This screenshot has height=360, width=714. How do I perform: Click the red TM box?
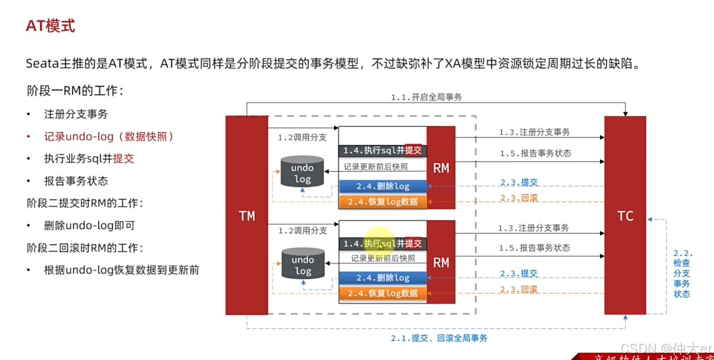(x=247, y=216)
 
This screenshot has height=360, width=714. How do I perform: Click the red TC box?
(x=625, y=216)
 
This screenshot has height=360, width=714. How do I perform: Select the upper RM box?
(x=441, y=168)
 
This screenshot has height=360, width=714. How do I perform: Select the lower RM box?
(x=441, y=262)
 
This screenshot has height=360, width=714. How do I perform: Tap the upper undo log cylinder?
(x=302, y=172)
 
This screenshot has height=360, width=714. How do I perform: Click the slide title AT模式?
(x=50, y=26)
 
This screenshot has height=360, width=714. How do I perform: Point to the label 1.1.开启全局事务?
(x=427, y=98)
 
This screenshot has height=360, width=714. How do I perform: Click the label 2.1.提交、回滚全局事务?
(x=439, y=338)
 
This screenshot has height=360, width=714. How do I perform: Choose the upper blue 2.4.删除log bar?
(x=383, y=186)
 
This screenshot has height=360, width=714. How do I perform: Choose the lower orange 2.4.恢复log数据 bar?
(x=383, y=293)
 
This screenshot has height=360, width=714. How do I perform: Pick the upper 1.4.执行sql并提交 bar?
(x=383, y=150)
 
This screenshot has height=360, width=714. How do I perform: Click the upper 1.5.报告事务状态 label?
(x=535, y=154)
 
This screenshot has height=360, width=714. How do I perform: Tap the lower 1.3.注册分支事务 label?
(x=533, y=228)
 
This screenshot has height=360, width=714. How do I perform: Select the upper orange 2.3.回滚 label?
(x=519, y=198)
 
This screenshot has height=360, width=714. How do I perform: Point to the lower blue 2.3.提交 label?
(x=519, y=274)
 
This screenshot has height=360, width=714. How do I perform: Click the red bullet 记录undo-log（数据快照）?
(x=109, y=136)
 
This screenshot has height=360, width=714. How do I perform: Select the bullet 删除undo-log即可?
(x=89, y=225)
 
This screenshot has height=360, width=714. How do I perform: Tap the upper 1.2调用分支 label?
(x=302, y=138)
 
